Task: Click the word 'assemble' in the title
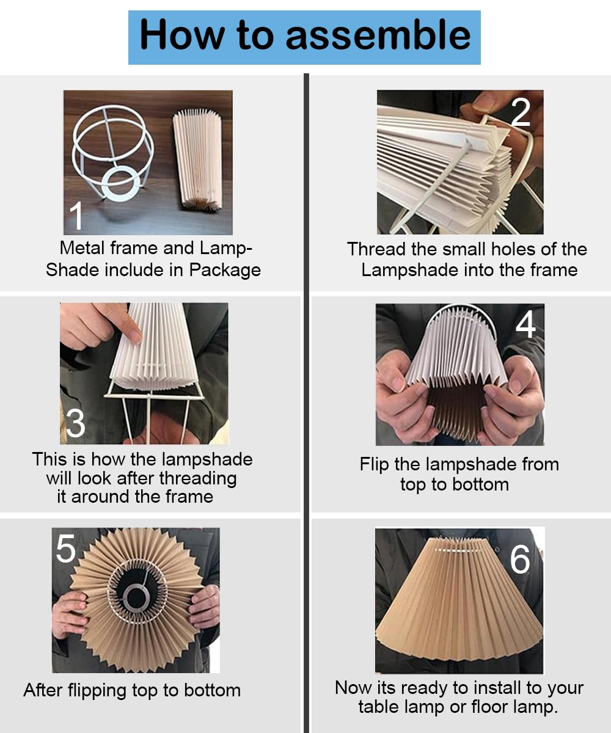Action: [x=378, y=35]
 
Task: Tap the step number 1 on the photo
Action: [x=76, y=216]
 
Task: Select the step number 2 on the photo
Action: [x=521, y=111]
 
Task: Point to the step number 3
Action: [x=75, y=423]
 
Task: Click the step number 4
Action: [x=525, y=325]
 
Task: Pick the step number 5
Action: [x=66, y=549]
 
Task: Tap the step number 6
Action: [x=520, y=560]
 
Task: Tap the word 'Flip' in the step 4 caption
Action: [x=374, y=464]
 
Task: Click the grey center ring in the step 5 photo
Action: [x=135, y=595]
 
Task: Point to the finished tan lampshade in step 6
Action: [x=459, y=605]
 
